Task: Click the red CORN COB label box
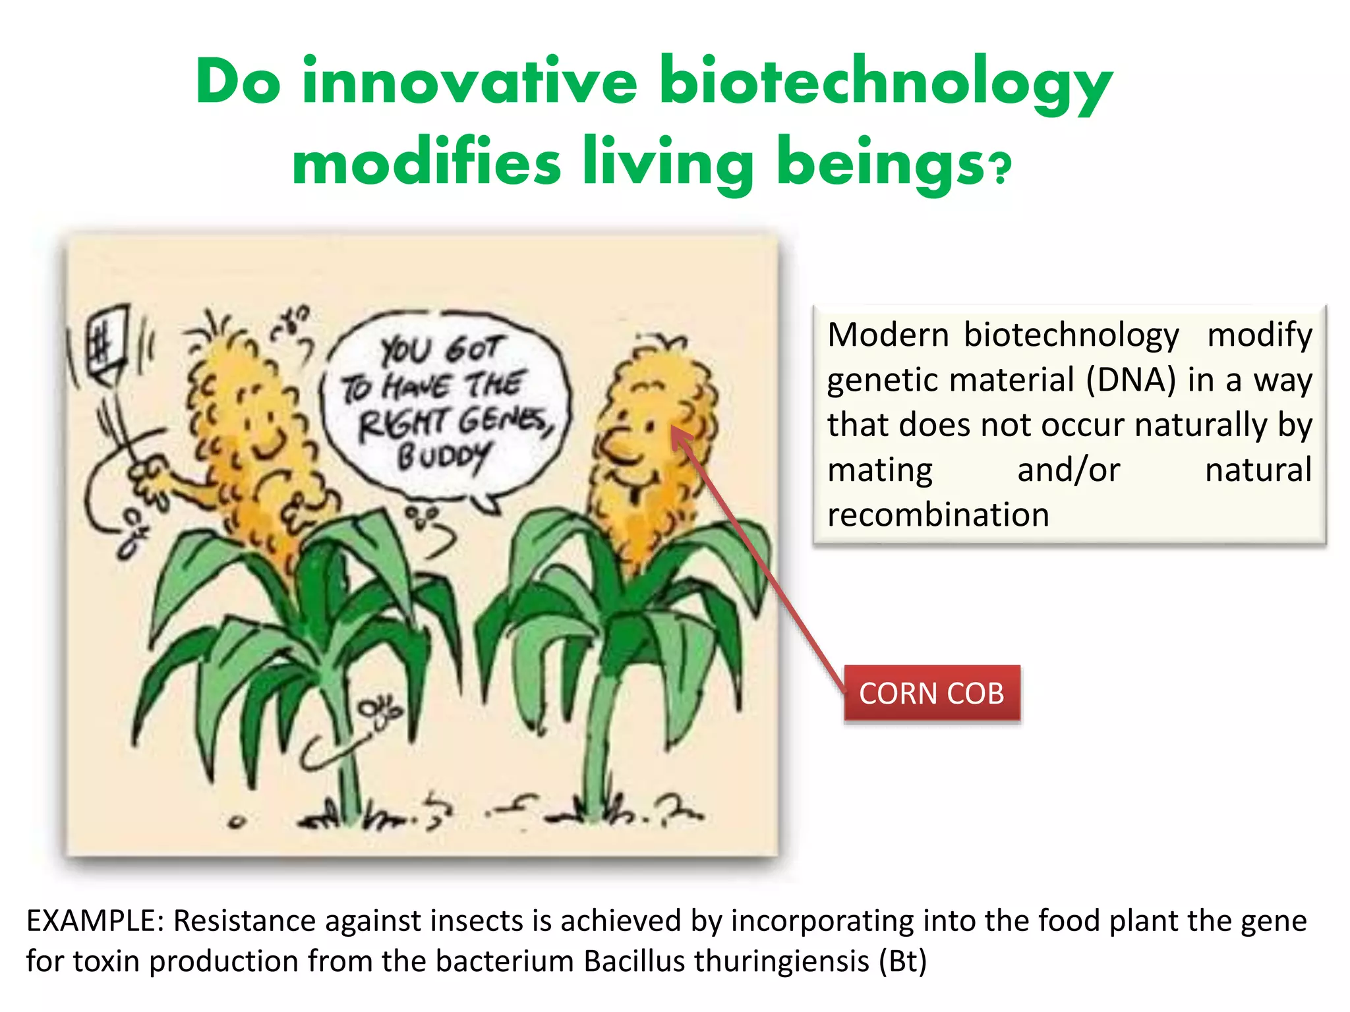point(931,694)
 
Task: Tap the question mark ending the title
point(1001,170)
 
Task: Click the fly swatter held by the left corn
point(107,343)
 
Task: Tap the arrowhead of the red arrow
point(678,434)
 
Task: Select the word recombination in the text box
point(937,515)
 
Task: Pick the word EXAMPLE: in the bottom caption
point(94,921)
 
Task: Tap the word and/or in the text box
point(1069,470)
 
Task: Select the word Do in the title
point(238,83)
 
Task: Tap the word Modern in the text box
point(887,335)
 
